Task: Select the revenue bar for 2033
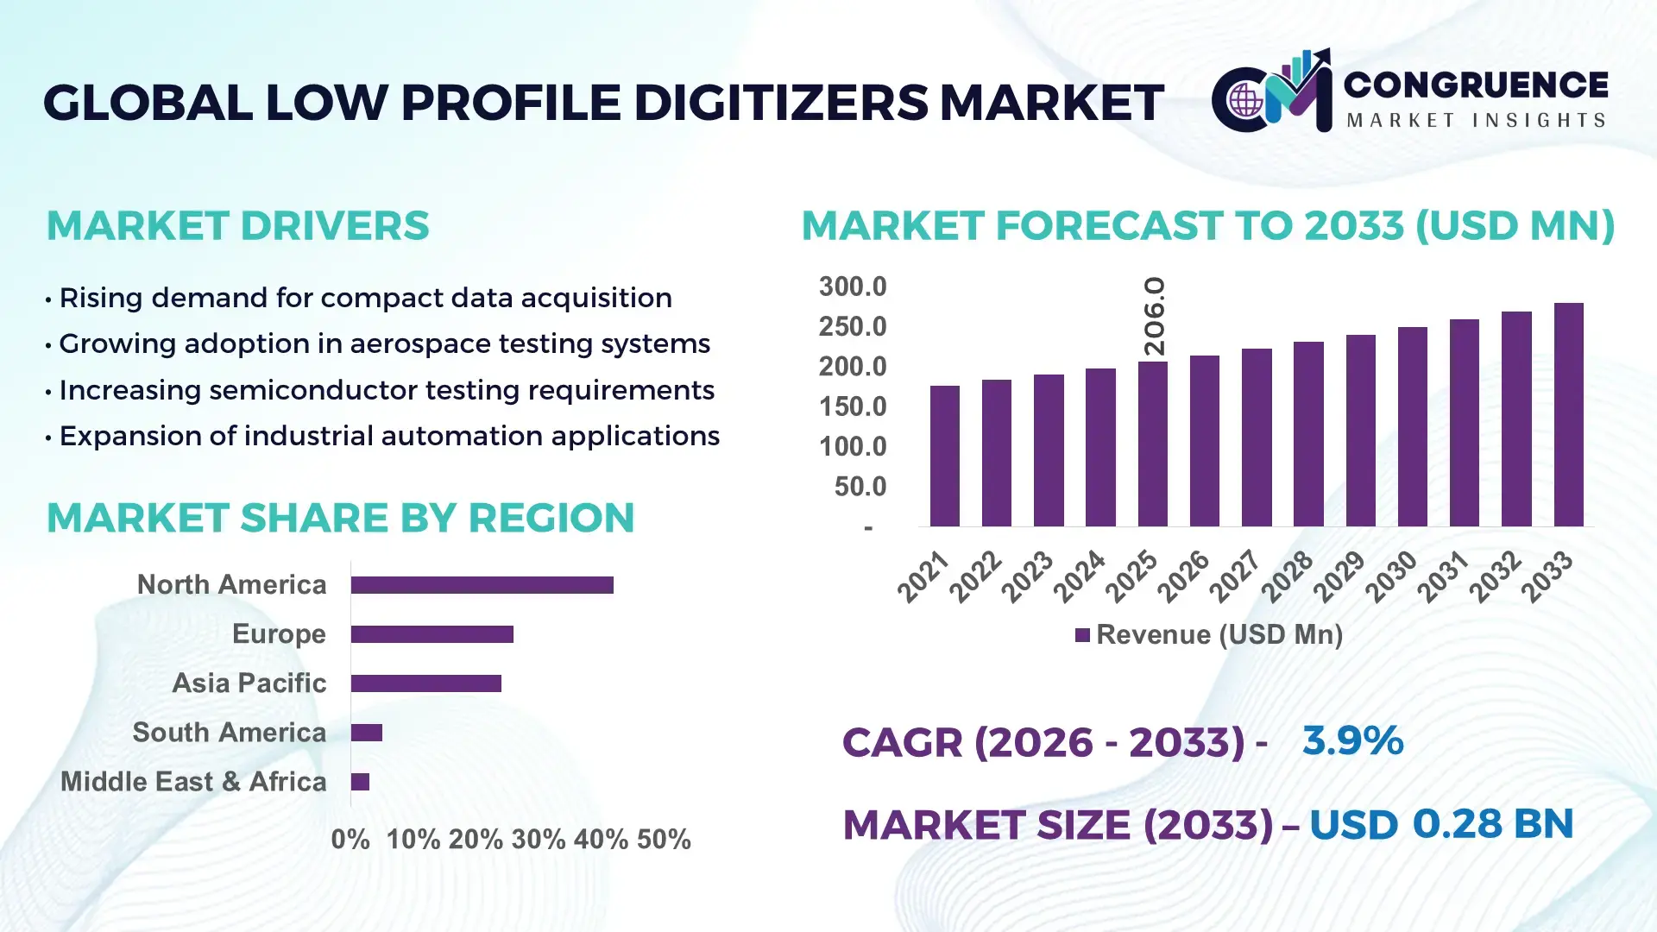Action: point(1568,414)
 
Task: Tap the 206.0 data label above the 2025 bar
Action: point(1154,317)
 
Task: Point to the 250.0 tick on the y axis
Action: point(852,326)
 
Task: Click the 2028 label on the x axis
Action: point(1288,576)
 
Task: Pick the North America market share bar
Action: point(482,585)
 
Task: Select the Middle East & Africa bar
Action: point(360,782)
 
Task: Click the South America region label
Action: point(229,733)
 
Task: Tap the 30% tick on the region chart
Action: point(538,839)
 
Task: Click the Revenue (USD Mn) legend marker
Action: point(1082,635)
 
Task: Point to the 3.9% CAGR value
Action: point(1352,740)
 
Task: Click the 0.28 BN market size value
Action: point(1492,823)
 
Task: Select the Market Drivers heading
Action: point(237,226)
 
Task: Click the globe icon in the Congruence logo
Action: point(1245,101)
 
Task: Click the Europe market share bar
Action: point(432,634)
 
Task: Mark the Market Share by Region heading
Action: point(340,518)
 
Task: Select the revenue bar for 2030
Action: point(1412,426)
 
